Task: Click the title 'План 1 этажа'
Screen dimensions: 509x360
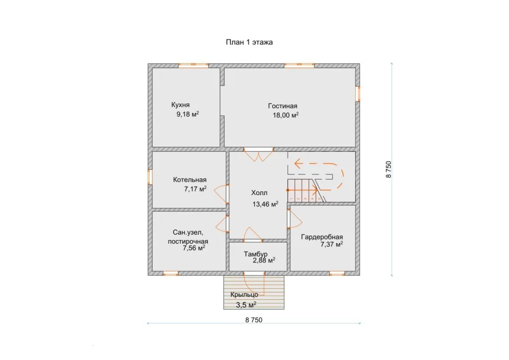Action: pos(250,42)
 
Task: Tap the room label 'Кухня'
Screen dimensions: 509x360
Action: pos(180,105)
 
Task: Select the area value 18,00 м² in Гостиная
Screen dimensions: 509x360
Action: pos(286,115)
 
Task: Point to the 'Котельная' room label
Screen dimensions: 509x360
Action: pos(189,180)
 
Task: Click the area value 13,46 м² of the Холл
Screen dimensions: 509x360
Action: pos(265,204)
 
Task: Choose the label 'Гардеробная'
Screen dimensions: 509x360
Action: pos(322,237)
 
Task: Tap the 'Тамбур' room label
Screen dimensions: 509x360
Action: pos(256,254)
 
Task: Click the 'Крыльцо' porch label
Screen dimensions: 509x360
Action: pos(245,295)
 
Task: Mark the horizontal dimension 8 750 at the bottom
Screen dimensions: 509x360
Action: pos(254,320)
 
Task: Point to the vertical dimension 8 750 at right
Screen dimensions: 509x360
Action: pos(389,170)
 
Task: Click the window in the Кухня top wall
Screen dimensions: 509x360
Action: pos(193,66)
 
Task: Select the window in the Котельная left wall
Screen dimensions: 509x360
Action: pos(150,177)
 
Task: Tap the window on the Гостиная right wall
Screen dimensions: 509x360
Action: pos(358,94)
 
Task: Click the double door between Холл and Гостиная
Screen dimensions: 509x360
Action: pos(258,155)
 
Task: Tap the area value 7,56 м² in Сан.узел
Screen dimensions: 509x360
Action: pos(194,248)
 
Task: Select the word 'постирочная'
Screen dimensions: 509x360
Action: pos(188,242)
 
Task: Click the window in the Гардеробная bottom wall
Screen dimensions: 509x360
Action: pos(337,273)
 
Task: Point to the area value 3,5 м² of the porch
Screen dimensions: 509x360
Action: pos(246,305)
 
